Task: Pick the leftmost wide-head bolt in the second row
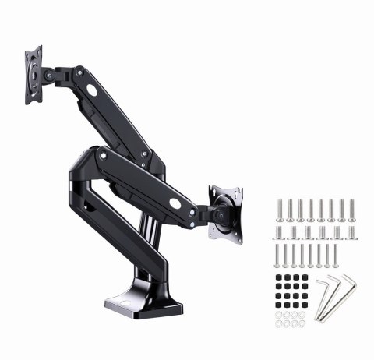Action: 280,232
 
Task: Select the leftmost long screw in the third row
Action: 278,256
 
